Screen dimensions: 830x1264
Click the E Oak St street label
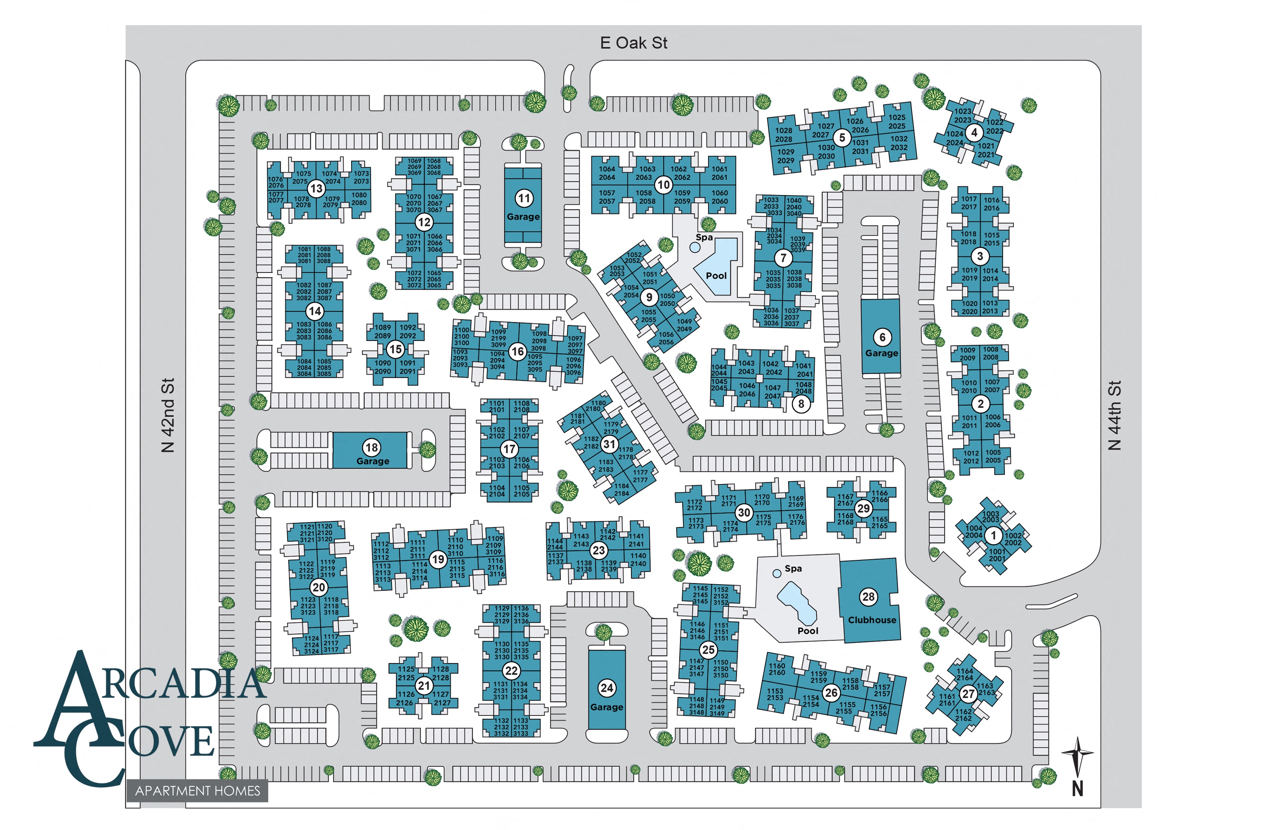click(633, 43)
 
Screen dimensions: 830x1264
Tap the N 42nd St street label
click(168, 415)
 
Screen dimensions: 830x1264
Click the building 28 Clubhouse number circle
click(868, 597)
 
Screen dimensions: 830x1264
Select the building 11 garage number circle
click(524, 198)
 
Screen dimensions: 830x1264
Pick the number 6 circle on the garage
click(882, 337)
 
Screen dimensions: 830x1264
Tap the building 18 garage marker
click(372, 447)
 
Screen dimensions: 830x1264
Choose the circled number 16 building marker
click(517, 351)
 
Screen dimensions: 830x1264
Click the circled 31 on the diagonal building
click(609, 444)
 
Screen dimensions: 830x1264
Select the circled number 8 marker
click(801, 404)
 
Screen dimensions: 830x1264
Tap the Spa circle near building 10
click(695, 247)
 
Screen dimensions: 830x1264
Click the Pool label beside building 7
click(716, 275)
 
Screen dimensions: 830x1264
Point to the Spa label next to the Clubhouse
click(793, 568)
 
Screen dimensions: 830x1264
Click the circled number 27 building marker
click(968, 694)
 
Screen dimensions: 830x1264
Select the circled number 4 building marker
click(973, 132)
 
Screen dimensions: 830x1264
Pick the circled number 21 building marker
click(423, 686)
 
